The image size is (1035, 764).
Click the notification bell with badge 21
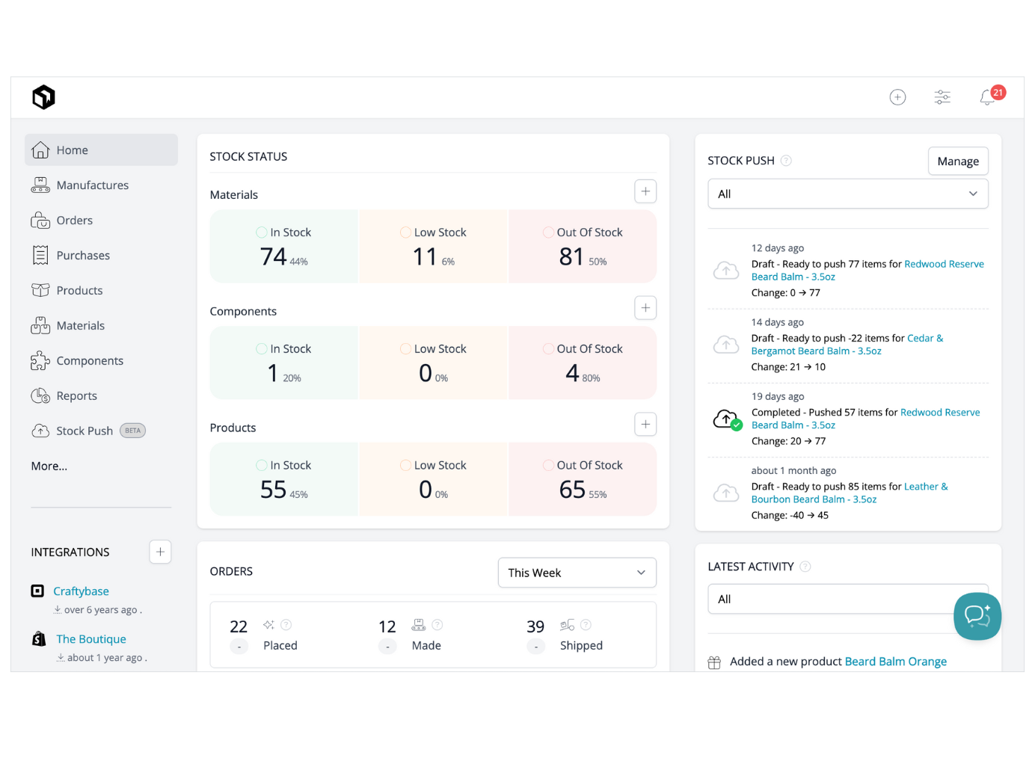(x=988, y=97)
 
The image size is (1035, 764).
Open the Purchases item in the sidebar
(x=82, y=256)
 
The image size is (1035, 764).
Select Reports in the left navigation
(x=76, y=396)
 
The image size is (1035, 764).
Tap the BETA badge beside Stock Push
(x=132, y=431)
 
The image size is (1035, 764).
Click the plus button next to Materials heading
(x=645, y=191)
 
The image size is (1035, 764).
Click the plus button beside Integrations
(x=160, y=552)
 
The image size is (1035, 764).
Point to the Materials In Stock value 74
(x=274, y=256)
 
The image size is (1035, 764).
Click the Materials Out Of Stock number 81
(x=571, y=256)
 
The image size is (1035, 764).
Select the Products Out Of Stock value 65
(x=572, y=490)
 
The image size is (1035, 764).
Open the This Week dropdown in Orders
(x=577, y=573)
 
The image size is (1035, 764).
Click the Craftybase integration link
(x=81, y=591)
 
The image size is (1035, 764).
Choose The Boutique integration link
(x=91, y=639)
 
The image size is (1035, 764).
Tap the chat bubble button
(x=977, y=616)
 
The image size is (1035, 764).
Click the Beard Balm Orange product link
(x=895, y=662)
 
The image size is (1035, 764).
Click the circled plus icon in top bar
(x=897, y=97)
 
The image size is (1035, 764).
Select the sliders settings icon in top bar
(x=942, y=97)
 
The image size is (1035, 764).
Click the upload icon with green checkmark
(x=726, y=419)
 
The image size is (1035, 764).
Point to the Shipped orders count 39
(x=535, y=626)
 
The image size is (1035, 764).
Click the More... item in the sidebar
(x=49, y=466)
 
